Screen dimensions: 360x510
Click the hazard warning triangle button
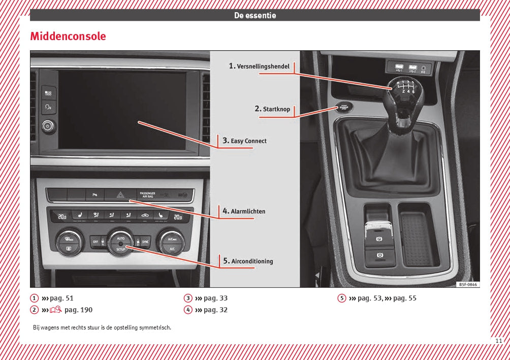point(120,194)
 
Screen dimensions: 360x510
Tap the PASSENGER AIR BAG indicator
point(148,194)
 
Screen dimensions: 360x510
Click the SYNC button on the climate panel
point(145,242)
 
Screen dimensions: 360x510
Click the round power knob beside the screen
point(48,125)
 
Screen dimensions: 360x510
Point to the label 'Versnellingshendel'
point(263,67)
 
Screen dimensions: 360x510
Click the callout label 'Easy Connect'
point(248,141)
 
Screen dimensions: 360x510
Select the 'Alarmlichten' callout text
point(248,211)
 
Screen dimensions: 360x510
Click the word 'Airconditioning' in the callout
point(252,261)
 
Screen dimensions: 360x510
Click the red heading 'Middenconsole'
point(68,37)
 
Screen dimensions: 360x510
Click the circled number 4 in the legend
point(188,310)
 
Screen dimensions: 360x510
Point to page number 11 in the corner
point(498,341)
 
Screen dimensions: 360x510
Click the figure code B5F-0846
point(467,285)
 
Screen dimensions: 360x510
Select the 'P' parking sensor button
point(94,194)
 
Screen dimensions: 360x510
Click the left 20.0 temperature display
point(61,217)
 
